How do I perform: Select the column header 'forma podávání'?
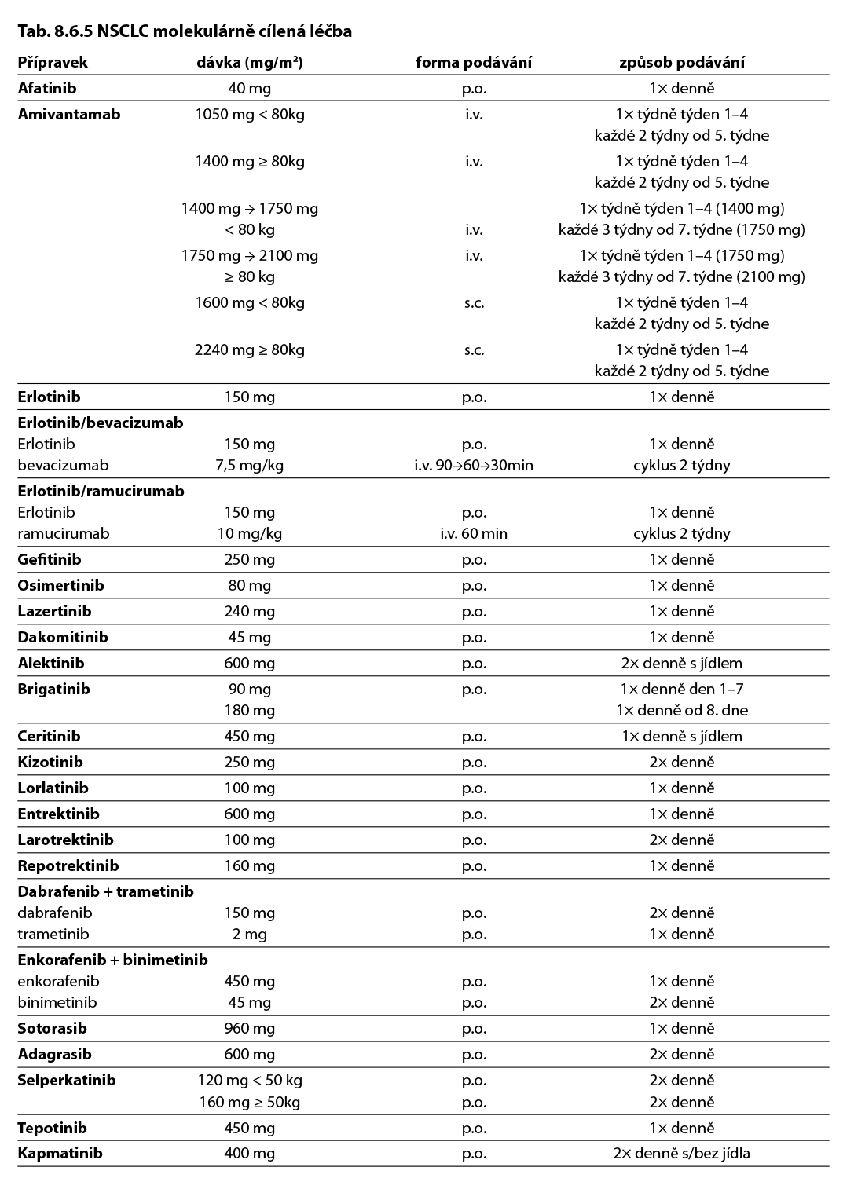[473, 62]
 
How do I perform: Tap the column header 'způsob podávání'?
[681, 62]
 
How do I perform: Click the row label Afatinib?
[47, 88]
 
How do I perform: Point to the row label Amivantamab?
[69, 114]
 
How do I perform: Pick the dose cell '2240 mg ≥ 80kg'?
[249, 349]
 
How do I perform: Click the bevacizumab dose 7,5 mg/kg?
[249, 465]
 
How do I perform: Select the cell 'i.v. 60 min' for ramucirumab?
[473, 533]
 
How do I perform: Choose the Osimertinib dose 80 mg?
[249, 585]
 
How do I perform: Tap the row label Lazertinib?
[54, 611]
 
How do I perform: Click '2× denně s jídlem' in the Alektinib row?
[681, 663]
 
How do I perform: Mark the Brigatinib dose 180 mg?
[249, 710]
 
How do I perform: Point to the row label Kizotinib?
[50, 762]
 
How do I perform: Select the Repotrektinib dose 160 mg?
[249, 865]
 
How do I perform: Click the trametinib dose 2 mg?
[249, 934]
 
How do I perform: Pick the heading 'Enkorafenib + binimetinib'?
[112, 960]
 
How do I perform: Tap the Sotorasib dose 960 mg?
[249, 1028]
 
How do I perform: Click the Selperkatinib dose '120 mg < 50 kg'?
[249, 1080]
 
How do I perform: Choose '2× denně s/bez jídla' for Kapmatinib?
[681, 1153]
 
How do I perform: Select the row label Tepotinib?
[53, 1128]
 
